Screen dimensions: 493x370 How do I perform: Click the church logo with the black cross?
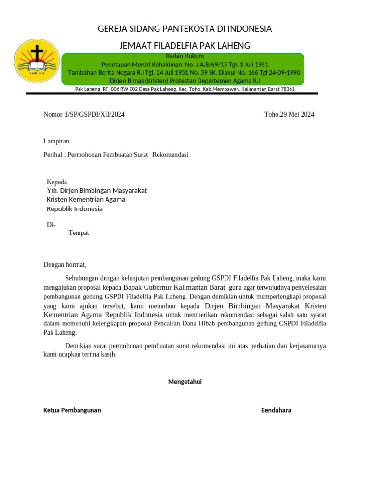[37, 61]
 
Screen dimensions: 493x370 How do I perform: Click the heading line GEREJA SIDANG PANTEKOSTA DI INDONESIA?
[185, 29]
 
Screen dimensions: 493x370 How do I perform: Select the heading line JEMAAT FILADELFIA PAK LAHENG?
[185, 46]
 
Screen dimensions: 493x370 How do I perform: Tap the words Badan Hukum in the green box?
[185, 56]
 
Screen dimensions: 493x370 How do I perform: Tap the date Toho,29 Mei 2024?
[289, 114]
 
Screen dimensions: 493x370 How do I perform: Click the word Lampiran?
[56, 141]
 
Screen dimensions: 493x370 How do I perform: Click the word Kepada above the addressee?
[57, 182]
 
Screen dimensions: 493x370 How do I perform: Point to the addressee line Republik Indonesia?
[74, 209]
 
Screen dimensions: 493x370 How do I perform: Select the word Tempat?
[79, 233]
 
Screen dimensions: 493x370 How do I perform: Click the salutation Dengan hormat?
[65, 264]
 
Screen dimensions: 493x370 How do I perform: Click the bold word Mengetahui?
[185, 382]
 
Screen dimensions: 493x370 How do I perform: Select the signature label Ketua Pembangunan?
[72, 410]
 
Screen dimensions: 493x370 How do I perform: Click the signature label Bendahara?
[276, 410]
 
